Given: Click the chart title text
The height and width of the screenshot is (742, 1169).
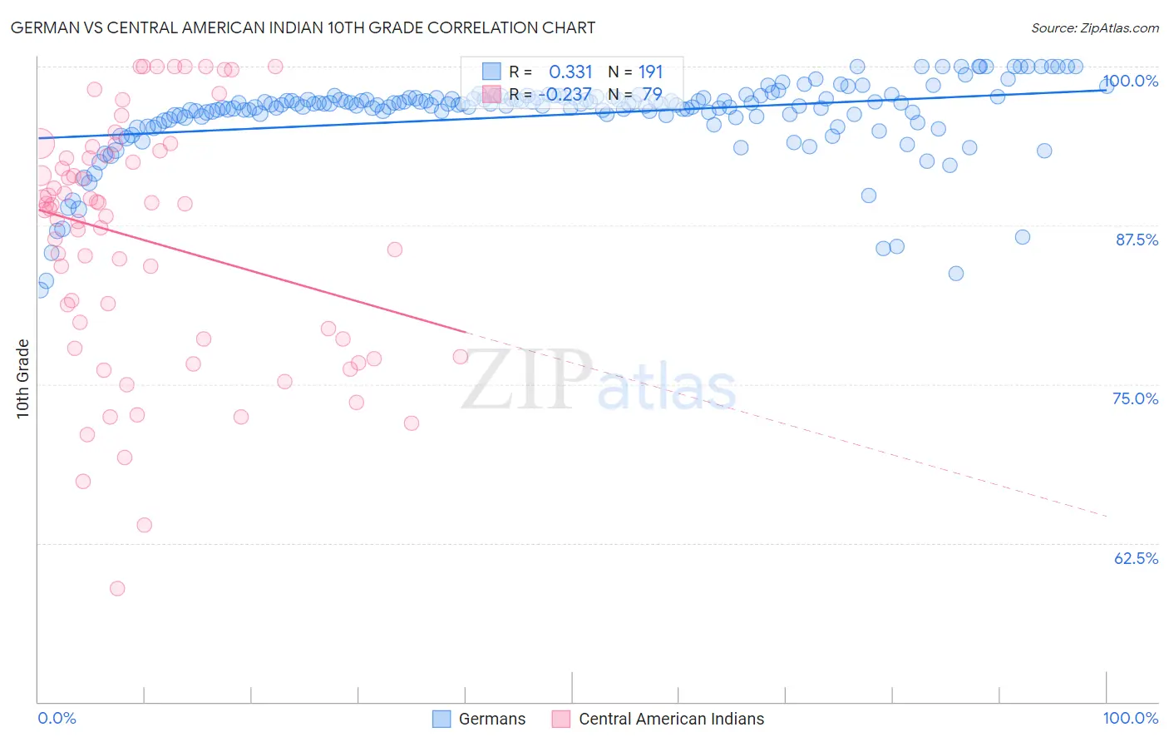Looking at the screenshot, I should (303, 27).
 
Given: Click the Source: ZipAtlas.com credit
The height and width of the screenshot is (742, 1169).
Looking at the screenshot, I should (1094, 27).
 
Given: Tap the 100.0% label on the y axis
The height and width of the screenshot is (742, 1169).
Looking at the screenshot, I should (1131, 81).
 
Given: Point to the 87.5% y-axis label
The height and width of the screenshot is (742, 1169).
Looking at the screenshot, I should (1137, 240).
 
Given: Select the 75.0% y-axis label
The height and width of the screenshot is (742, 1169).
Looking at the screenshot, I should (1135, 398).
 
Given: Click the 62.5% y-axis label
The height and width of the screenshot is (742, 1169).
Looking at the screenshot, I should (1136, 558).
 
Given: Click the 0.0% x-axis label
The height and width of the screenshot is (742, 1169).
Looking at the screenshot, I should (57, 718).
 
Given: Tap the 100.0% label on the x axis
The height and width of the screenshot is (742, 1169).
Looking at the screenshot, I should (1130, 718).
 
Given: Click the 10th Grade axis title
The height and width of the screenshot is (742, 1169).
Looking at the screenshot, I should (22, 378).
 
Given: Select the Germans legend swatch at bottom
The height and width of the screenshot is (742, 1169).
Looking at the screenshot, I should (441, 719).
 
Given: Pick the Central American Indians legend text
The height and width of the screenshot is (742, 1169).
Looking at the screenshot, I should (671, 719).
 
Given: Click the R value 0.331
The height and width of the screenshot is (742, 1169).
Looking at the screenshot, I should (570, 72).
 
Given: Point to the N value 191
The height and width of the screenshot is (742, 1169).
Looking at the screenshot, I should (650, 72).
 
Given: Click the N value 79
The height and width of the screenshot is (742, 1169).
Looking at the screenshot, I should (652, 95).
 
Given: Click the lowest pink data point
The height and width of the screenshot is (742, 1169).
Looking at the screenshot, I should (117, 588).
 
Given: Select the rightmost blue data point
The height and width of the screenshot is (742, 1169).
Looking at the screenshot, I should (1107, 86).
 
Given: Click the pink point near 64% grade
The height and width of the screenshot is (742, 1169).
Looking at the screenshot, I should (144, 525).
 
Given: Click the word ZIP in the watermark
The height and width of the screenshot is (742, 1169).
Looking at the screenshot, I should (526, 379).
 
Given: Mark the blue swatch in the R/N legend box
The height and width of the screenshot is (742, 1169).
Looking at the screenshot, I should (491, 72).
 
